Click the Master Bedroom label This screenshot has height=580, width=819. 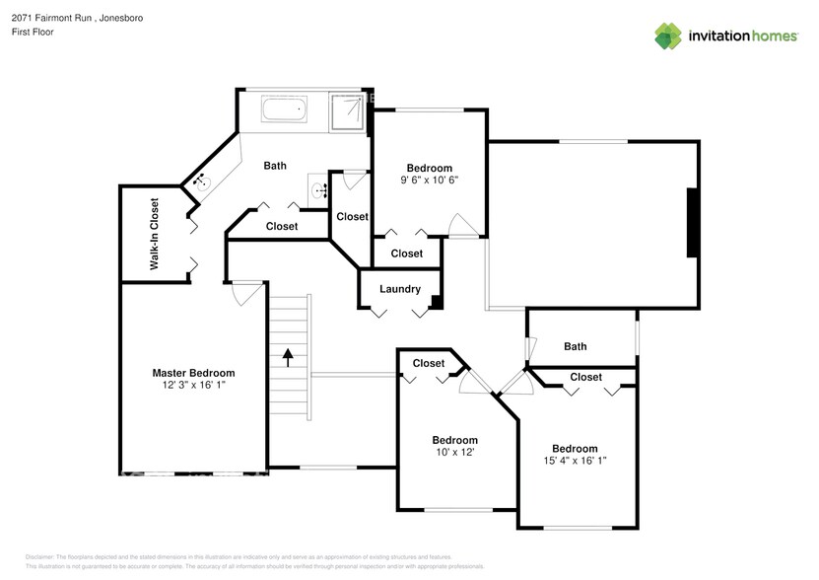click(x=193, y=373)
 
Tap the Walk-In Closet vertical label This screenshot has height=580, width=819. click(x=155, y=235)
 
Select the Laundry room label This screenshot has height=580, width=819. click(x=400, y=289)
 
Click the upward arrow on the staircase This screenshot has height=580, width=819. click(x=288, y=356)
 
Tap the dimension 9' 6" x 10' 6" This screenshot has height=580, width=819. click(x=429, y=181)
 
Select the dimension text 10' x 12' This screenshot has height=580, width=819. click(x=454, y=452)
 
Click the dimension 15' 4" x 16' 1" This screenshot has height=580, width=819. click(x=575, y=461)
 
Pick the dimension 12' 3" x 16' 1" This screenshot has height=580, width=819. click(x=193, y=386)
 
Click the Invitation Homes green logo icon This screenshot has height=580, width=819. click(x=669, y=36)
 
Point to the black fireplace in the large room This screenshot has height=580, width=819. click(x=693, y=222)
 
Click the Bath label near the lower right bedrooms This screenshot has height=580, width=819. click(x=575, y=346)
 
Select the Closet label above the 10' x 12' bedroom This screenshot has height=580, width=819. click(x=428, y=363)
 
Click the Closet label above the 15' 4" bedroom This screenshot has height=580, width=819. click(x=585, y=377)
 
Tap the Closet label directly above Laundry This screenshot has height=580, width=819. click(x=406, y=254)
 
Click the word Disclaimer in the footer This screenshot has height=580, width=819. click(x=39, y=557)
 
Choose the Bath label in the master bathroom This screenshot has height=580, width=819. click(x=275, y=166)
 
